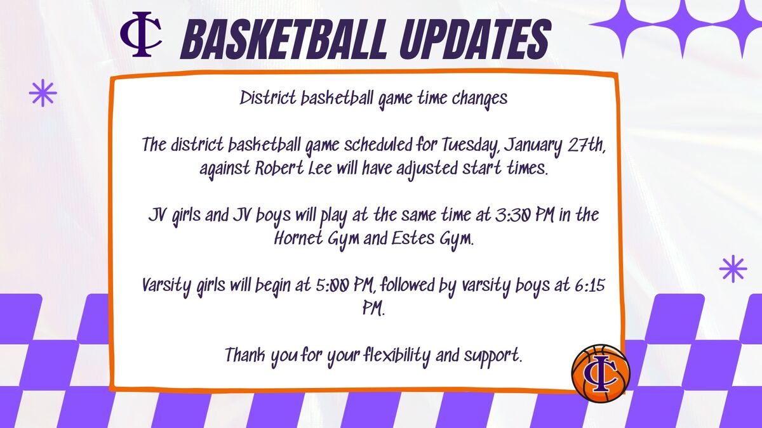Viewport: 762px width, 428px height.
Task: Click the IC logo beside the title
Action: tap(141, 34)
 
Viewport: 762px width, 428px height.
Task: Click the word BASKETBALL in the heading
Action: tap(284, 39)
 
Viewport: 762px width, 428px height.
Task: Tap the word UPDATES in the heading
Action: tap(474, 39)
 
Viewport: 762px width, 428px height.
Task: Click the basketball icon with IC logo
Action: tap(601, 373)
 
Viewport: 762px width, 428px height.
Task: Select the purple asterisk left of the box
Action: tap(43, 93)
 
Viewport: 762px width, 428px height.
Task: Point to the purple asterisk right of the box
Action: tap(733, 269)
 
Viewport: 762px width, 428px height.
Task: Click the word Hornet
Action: tap(298, 238)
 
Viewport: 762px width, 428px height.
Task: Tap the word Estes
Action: tap(413, 238)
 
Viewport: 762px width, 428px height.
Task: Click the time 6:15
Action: tap(590, 285)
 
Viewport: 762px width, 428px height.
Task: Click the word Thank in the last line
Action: tap(245, 355)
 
